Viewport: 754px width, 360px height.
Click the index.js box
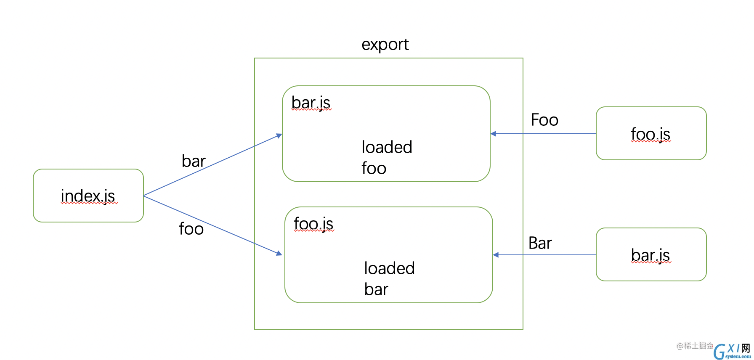88,196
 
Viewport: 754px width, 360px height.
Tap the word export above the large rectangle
385,45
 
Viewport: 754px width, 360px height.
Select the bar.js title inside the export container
311,103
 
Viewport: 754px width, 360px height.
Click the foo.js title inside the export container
313,224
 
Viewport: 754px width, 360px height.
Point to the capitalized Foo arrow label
544,120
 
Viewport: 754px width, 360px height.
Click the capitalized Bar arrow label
540,243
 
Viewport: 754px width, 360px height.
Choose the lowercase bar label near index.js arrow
194,161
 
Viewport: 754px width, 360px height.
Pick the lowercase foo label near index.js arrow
191,229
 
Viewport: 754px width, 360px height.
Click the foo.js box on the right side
651,133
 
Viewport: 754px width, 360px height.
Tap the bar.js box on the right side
651,254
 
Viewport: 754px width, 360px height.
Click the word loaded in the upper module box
387,147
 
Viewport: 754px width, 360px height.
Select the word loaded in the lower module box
389,268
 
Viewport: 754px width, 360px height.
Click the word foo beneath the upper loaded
374,168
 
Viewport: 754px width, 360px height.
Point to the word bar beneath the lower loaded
376,289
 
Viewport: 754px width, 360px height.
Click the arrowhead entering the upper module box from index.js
279,135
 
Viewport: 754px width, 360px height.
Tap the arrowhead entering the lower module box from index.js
279,253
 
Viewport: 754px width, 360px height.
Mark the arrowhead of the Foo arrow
493,134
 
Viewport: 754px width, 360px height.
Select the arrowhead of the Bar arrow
496,255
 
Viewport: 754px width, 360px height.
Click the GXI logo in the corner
732,351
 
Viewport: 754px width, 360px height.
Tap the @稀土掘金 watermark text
695,346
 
